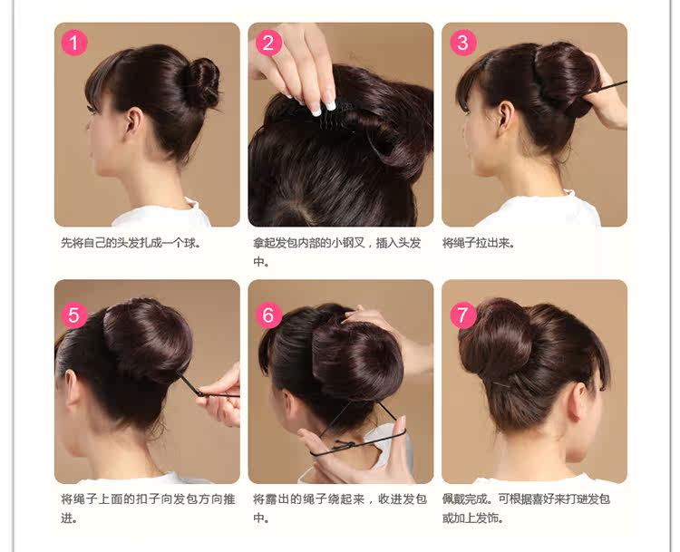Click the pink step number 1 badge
pos(74,42)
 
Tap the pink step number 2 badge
pos(268,42)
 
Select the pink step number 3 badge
pos(462,42)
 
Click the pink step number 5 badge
pos(74,315)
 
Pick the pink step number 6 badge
pos(268,315)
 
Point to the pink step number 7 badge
pos(462,315)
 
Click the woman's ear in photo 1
pos(133,121)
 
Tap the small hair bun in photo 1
pos(201,82)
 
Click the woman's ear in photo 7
pos(573,399)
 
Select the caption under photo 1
pos(131,243)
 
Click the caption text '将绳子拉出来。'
pos(479,243)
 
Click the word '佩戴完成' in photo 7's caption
pos(467,499)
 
